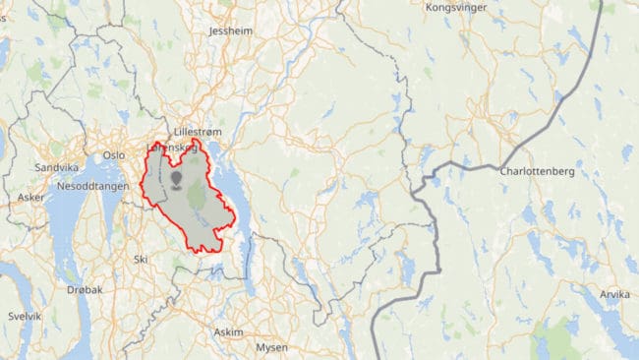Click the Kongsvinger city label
(x=456, y=7)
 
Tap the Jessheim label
(x=232, y=30)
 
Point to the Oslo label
(x=115, y=154)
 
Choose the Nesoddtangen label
(x=89, y=185)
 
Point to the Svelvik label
(x=24, y=317)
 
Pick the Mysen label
(x=271, y=348)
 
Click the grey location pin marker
(x=177, y=179)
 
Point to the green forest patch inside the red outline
(x=197, y=194)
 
